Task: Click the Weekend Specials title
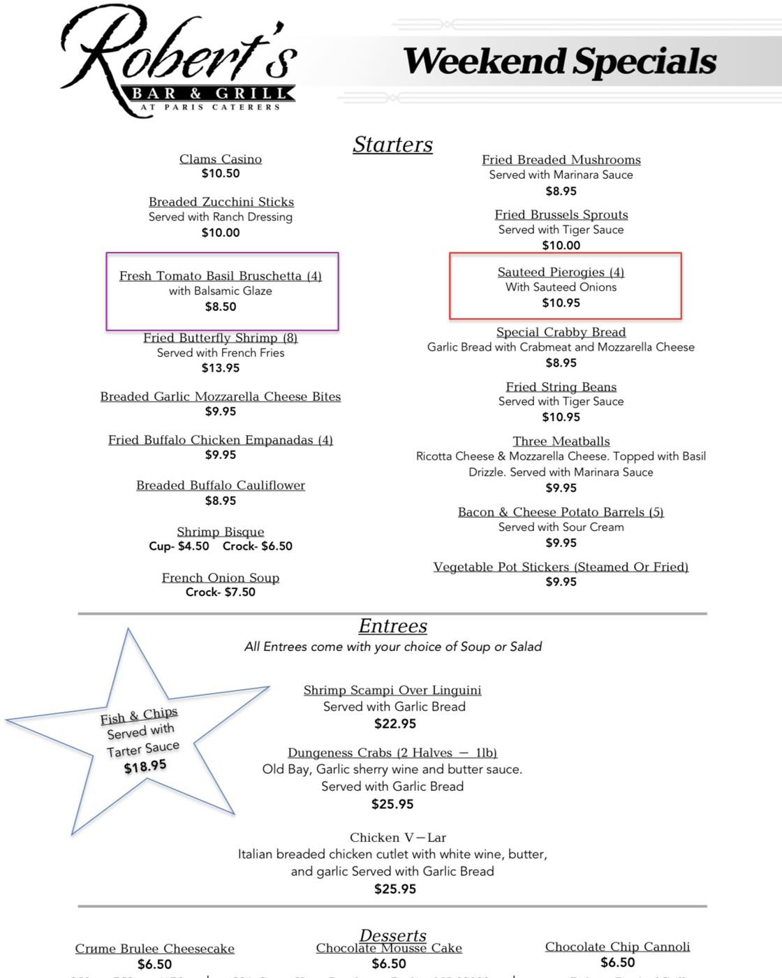pyautogui.click(x=560, y=61)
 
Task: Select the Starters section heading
pyautogui.click(x=392, y=145)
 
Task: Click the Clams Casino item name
pyautogui.click(x=221, y=159)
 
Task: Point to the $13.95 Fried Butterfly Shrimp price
pyautogui.click(x=221, y=368)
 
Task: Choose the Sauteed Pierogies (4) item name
pyautogui.click(x=561, y=272)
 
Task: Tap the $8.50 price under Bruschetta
pyautogui.click(x=221, y=307)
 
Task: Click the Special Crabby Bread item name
pyautogui.click(x=561, y=333)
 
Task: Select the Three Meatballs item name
pyautogui.click(x=561, y=441)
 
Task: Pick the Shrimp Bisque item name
pyautogui.click(x=221, y=532)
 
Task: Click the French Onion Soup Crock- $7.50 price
pyautogui.click(x=221, y=592)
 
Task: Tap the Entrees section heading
pyautogui.click(x=392, y=626)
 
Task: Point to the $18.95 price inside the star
pyautogui.click(x=145, y=766)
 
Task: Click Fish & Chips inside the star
pyautogui.click(x=139, y=716)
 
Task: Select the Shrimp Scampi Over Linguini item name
pyautogui.click(x=392, y=690)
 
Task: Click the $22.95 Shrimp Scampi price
pyautogui.click(x=395, y=724)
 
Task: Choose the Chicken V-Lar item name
pyautogui.click(x=398, y=838)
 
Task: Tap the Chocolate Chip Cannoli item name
pyautogui.click(x=617, y=947)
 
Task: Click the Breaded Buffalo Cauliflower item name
pyautogui.click(x=221, y=486)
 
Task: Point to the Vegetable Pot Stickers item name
pyautogui.click(x=561, y=567)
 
